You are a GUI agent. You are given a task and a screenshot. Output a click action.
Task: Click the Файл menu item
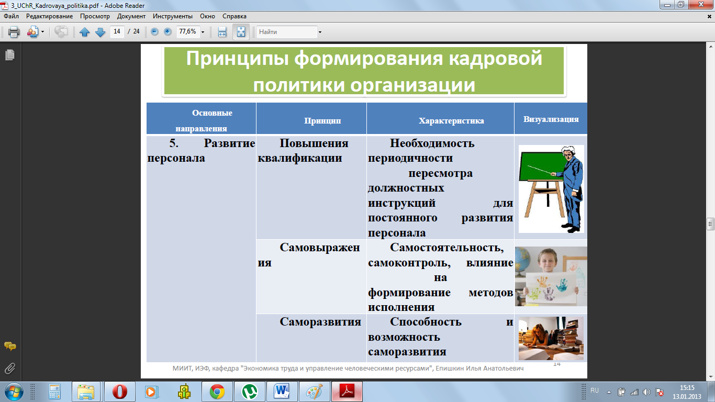11,16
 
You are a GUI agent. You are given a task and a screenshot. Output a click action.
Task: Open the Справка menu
234,16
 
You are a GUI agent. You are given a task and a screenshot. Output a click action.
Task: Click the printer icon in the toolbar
14,32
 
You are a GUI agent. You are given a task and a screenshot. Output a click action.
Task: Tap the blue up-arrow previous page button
84,32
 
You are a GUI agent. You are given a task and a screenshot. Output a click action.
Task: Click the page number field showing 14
117,31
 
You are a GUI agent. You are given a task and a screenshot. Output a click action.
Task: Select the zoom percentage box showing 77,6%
188,31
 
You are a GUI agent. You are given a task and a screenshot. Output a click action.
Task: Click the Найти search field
287,32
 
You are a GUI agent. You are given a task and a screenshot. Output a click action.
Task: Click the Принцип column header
322,121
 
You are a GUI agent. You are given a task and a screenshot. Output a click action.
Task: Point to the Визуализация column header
551,119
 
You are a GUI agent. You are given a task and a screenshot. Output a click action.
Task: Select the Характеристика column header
451,121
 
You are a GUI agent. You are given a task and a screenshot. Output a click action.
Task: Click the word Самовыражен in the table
320,248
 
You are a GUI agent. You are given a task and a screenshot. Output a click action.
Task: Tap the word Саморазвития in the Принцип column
320,321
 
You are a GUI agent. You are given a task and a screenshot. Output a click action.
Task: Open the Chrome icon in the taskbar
217,392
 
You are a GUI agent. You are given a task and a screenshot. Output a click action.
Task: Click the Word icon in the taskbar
282,392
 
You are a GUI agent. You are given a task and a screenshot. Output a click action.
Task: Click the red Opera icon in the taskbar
120,392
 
